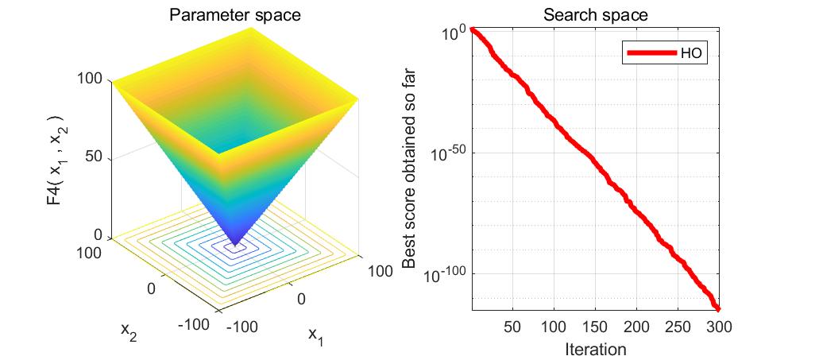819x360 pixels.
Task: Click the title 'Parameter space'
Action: (x=234, y=15)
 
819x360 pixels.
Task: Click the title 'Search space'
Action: (x=595, y=15)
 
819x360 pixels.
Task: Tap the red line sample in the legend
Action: (x=651, y=54)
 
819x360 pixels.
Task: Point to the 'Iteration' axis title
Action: (x=595, y=349)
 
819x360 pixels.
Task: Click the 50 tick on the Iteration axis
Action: (x=512, y=327)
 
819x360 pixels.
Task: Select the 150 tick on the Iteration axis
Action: (x=595, y=327)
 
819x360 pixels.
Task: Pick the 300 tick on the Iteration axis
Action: (x=718, y=327)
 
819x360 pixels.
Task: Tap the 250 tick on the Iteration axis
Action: (x=678, y=327)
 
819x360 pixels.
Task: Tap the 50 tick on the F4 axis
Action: (x=94, y=157)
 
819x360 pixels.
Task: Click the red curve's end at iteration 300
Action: (x=717, y=308)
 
